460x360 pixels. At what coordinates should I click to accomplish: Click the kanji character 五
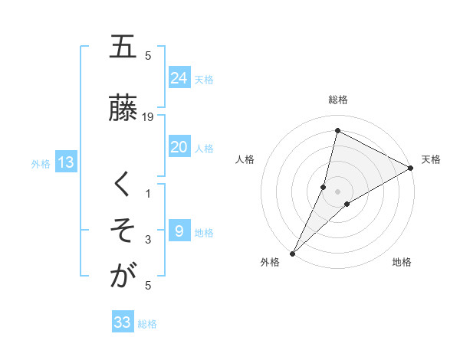pyautogui.click(x=122, y=47)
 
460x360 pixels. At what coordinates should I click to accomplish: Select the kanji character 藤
pyautogui.click(x=122, y=109)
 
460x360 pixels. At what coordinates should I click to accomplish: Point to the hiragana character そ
pyautogui.click(x=122, y=230)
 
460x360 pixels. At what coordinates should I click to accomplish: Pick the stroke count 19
pyautogui.click(x=149, y=116)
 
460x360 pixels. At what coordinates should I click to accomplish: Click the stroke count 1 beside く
pyautogui.click(x=149, y=194)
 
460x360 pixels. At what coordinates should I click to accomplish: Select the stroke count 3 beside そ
pyautogui.click(x=149, y=240)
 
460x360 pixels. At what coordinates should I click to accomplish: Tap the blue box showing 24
pyautogui.click(x=179, y=78)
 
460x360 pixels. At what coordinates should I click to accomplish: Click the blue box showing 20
pyautogui.click(x=179, y=148)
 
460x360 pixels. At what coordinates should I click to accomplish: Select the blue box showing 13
pyautogui.click(x=65, y=162)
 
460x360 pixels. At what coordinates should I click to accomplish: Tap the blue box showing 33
pyautogui.click(x=123, y=322)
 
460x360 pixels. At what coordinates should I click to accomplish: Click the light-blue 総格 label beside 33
pyautogui.click(x=147, y=324)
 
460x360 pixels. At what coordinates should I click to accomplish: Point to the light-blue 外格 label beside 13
pyautogui.click(x=41, y=163)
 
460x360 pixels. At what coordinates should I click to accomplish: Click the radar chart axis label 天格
pyautogui.click(x=431, y=159)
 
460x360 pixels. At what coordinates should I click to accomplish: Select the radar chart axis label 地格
pyautogui.click(x=402, y=263)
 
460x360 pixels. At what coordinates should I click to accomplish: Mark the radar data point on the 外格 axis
pyautogui.click(x=292, y=253)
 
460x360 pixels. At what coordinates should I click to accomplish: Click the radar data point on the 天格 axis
pyautogui.click(x=411, y=168)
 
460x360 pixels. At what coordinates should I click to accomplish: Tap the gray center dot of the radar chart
pyautogui.click(x=337, y=191)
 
